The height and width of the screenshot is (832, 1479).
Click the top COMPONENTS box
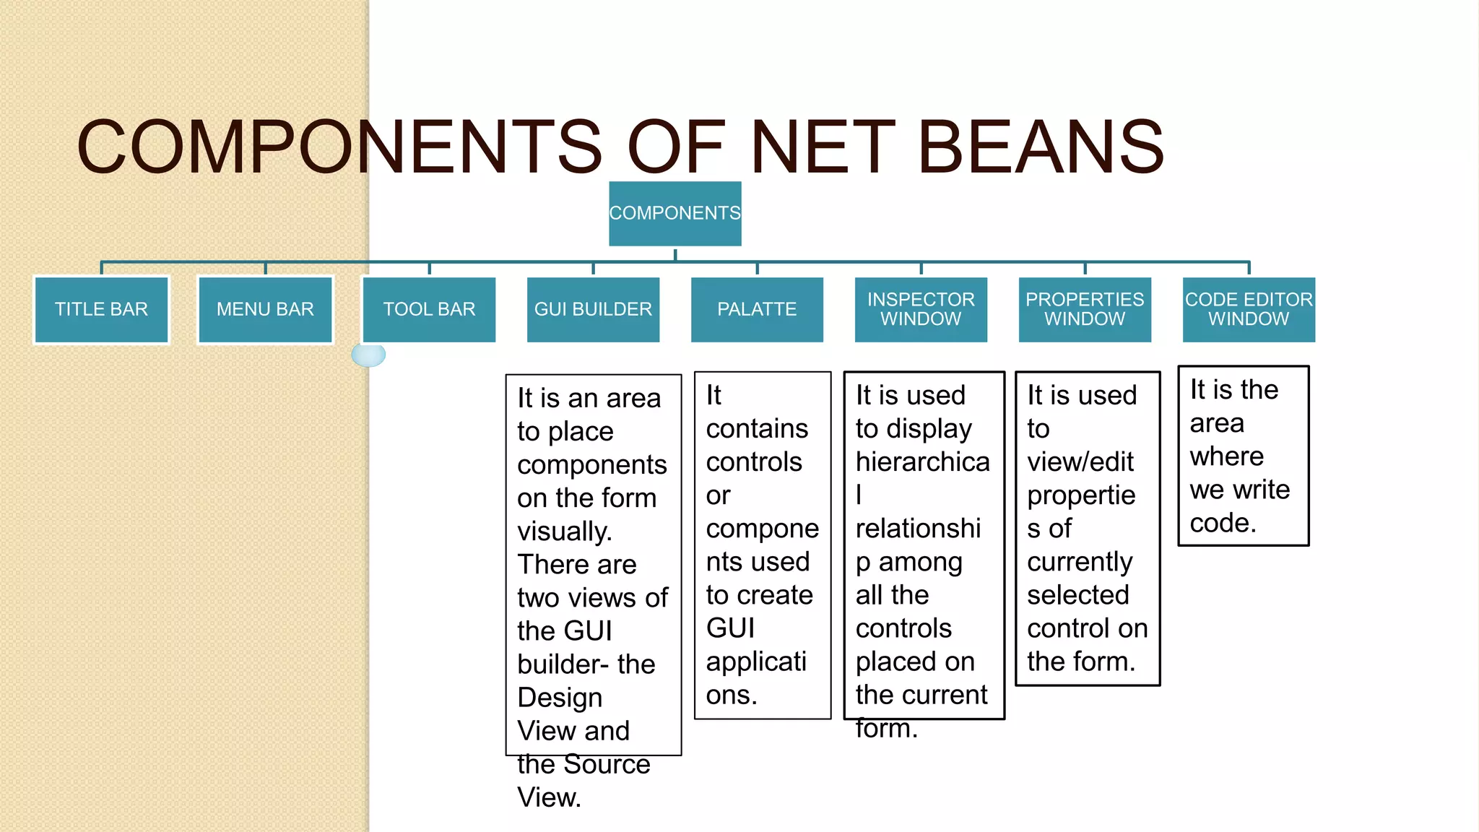tap(675, 213)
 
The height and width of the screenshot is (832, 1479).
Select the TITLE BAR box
tap(101, 309)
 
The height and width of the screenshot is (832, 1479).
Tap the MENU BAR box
tap(265, 309)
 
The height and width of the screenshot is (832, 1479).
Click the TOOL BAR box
tap(429, 309)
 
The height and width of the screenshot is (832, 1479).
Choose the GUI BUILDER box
tap(593, 309)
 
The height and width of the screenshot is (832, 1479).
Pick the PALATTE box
tap(757, 309)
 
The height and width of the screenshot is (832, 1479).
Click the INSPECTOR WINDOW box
tap(921, 309)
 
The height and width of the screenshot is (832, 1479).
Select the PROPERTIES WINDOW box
tap(1085, 309)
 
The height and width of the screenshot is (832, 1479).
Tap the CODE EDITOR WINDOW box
tap(1249, 309)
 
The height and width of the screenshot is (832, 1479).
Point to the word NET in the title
tap(823, 148)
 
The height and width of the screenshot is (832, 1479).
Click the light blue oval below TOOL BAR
tap(368, 355)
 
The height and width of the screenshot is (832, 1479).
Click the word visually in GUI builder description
tap(565, 532)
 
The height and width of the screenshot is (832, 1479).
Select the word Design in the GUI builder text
tap(560, 698)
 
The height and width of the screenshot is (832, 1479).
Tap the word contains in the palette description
tap(757, 429)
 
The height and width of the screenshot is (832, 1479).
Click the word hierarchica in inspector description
tap(922, 462)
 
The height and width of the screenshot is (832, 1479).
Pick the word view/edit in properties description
tap(1080, 462)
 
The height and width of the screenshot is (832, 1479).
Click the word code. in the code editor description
tap(1223, 523)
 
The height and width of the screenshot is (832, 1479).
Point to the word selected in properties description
tap(1077, 595)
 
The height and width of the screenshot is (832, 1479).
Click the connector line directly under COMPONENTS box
tap(675, 255)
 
